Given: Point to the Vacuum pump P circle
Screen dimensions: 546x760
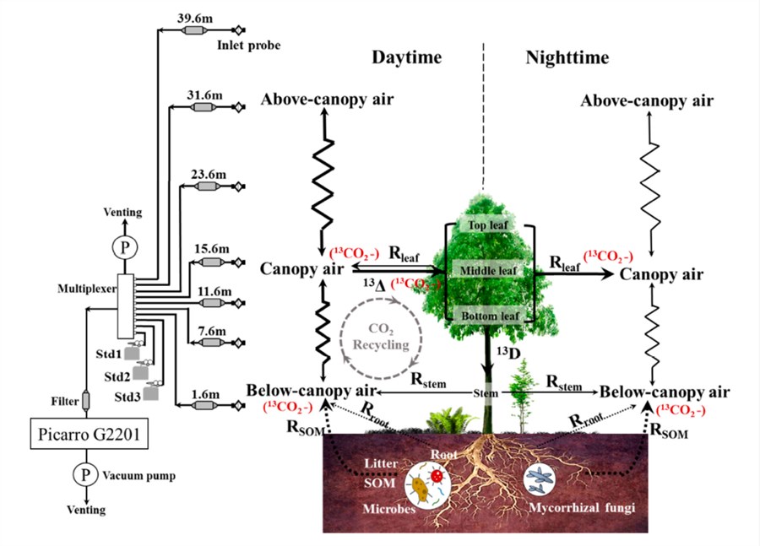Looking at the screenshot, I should [x=85, y=475].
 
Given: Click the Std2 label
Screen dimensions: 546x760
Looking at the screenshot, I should [x=117, y=376].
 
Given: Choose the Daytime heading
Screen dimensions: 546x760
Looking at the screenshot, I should [x=407, y=57].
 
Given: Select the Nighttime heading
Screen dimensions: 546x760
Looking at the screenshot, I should [x=567, y=57].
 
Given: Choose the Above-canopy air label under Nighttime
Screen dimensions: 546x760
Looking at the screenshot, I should [x=647, y=101].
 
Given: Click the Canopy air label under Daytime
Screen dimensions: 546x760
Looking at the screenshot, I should [x=301, y=269].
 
